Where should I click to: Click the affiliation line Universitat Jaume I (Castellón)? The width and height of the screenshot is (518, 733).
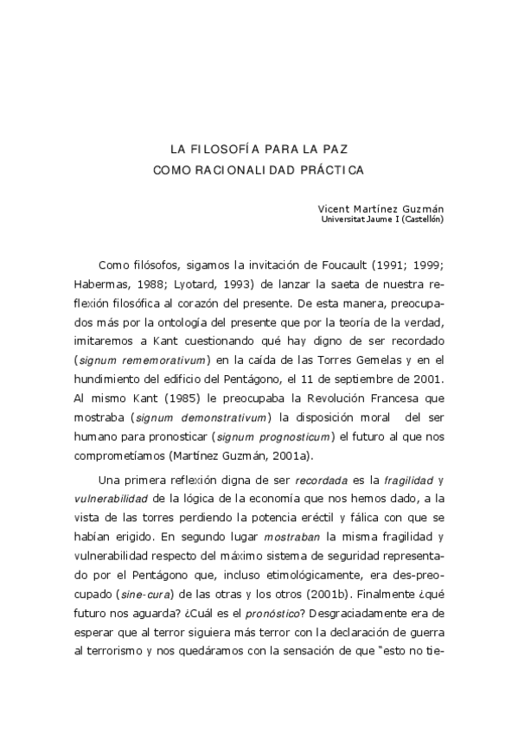[382, 220]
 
